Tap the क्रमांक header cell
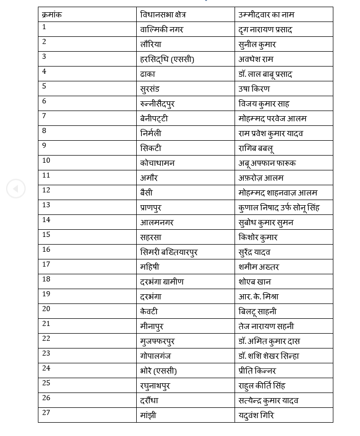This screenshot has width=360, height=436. [x=52, y=15]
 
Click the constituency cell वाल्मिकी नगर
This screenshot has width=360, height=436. [x=161, y=30]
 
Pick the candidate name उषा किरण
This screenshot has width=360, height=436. [x=255, y=89]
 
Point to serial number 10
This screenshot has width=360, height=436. [x=46, y=160]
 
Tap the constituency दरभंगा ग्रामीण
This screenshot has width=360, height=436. [x=162, y=281]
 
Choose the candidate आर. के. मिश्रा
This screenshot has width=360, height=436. [x=258, y=296]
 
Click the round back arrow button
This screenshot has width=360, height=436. [x=15, y=189]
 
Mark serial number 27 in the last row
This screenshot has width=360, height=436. [x=46, y=412]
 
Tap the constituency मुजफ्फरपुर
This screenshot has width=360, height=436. [x=157, y=341]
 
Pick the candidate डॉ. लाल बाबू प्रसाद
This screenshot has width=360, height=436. [x=265, y=74]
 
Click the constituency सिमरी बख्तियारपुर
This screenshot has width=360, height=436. [x=168, y=252]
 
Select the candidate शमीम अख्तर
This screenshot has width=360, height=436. [x=259, y=267]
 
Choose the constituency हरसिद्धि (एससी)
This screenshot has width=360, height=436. [x=167, y=59]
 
